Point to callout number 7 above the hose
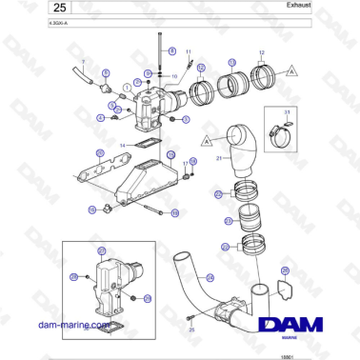pyautogui.click(x=83, y=61)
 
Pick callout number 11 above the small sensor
pyautogui.click(x=188, y=50)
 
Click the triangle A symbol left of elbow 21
pyautogui.click(x=206, y=140)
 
